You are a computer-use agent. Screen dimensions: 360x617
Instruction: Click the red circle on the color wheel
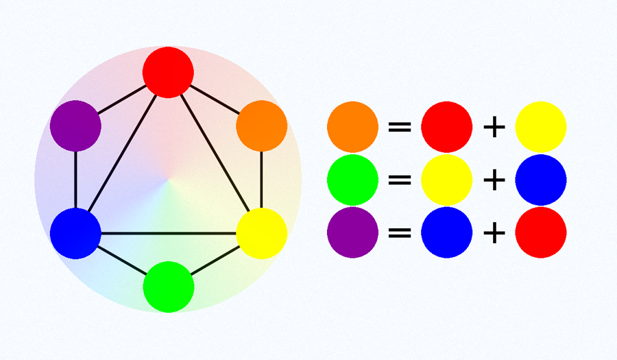168,72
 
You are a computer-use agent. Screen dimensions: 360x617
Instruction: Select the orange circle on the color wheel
261,126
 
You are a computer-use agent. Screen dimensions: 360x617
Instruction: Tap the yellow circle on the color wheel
261,233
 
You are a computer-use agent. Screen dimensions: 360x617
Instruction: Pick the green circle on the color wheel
169,287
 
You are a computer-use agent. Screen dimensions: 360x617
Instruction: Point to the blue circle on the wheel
75,233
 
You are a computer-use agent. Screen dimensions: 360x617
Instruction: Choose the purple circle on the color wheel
75,126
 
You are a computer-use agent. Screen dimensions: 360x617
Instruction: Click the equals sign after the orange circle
400,127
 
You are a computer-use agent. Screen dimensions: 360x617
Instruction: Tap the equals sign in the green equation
400,180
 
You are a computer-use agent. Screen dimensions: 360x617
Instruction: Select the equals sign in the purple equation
400,232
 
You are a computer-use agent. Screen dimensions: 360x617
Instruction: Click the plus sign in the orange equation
494,127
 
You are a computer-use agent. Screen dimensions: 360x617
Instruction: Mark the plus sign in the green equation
494,180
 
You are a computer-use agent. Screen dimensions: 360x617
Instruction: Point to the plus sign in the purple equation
494,232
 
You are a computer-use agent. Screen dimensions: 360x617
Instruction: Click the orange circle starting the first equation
352,127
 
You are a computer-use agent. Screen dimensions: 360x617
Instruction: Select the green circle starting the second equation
352,180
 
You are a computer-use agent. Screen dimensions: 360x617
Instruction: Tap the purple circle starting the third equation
352,232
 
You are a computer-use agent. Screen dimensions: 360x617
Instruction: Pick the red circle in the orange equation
446,127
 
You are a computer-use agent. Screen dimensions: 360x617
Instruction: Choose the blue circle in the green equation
540,180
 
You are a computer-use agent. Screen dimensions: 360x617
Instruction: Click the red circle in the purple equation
540,232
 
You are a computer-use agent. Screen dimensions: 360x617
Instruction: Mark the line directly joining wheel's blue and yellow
169,234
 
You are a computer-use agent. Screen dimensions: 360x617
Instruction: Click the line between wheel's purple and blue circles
75,180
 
